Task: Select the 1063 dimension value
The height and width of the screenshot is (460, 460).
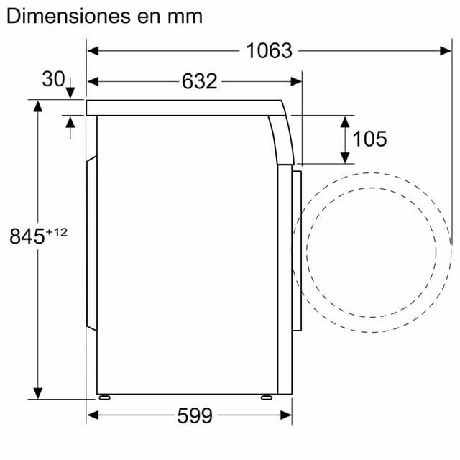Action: click(269, 51)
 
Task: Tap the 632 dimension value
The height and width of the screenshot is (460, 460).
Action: click(199, 81)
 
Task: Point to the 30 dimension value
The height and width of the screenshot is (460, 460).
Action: click(53, 80)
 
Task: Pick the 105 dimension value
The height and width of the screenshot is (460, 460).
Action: click(370, 139)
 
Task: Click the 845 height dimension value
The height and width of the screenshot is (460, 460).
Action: click(27, 236)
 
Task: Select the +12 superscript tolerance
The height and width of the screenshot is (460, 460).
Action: click(57, 231)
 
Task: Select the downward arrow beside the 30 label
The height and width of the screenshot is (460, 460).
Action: click(70, 93)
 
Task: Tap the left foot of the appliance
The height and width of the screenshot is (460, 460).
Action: click(104, 396)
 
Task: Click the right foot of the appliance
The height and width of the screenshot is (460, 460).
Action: click(267, 396)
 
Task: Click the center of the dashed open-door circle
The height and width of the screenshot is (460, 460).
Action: click(370, 252)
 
